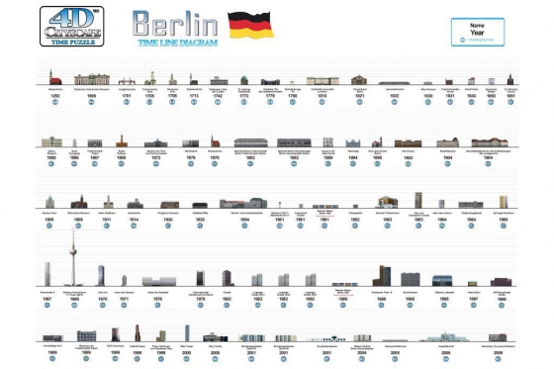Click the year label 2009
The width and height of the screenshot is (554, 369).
tap(501, 351)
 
